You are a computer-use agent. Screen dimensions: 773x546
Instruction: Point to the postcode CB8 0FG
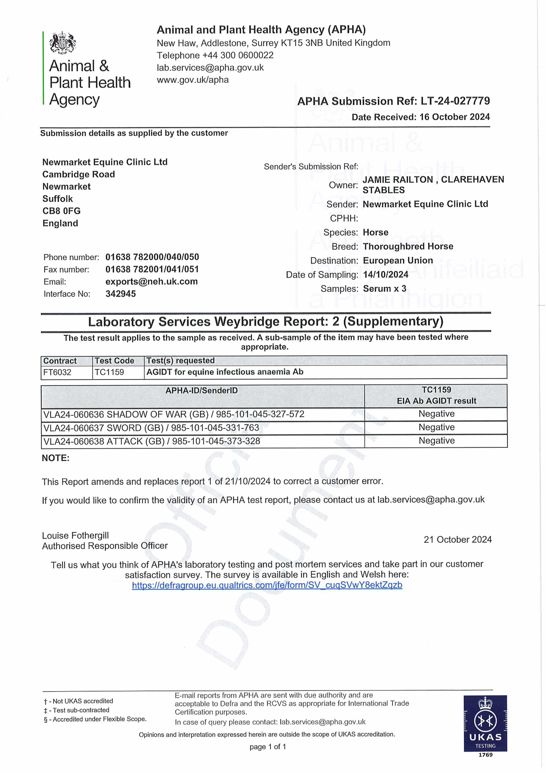pyautogui.click(x=62, y=211)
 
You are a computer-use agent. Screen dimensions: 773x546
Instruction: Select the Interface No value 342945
pyautogui.click(x=120, y=294)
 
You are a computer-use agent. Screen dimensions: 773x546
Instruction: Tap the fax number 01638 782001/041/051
pyautogui.click(x=152, y=269)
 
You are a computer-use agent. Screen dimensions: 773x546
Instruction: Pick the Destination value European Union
pyautogui.click(x=398, y=261)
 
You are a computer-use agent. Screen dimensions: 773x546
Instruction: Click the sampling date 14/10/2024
pyautogui.click(x=386, y=275)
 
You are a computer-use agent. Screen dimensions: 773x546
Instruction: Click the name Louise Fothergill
pyautogui.click(x=75, y=536)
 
